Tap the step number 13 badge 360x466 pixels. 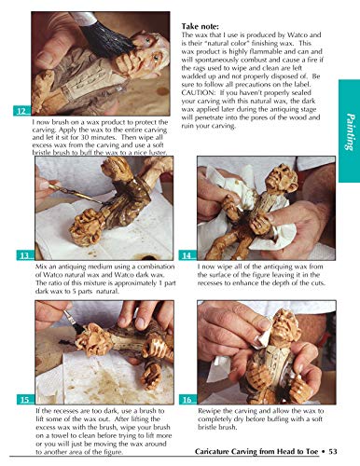pyautogui.click(x=22, y=255)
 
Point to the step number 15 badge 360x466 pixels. pyautogui.click(x=22, y=399)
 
